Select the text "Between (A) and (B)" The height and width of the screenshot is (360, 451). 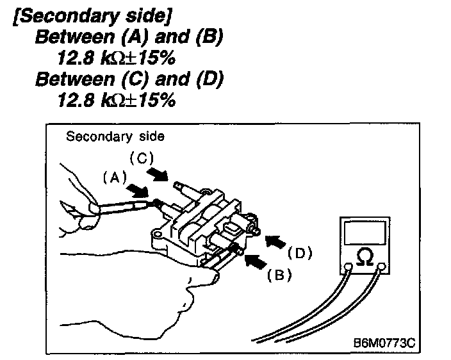tap(129, 38)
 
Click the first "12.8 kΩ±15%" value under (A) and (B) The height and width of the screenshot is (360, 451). tap(116, 59)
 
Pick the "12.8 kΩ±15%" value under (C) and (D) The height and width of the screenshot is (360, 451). tap(116, 101)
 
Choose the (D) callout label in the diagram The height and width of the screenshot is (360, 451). tap(299, 252)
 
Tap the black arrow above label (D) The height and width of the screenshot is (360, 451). tap(274, 241)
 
